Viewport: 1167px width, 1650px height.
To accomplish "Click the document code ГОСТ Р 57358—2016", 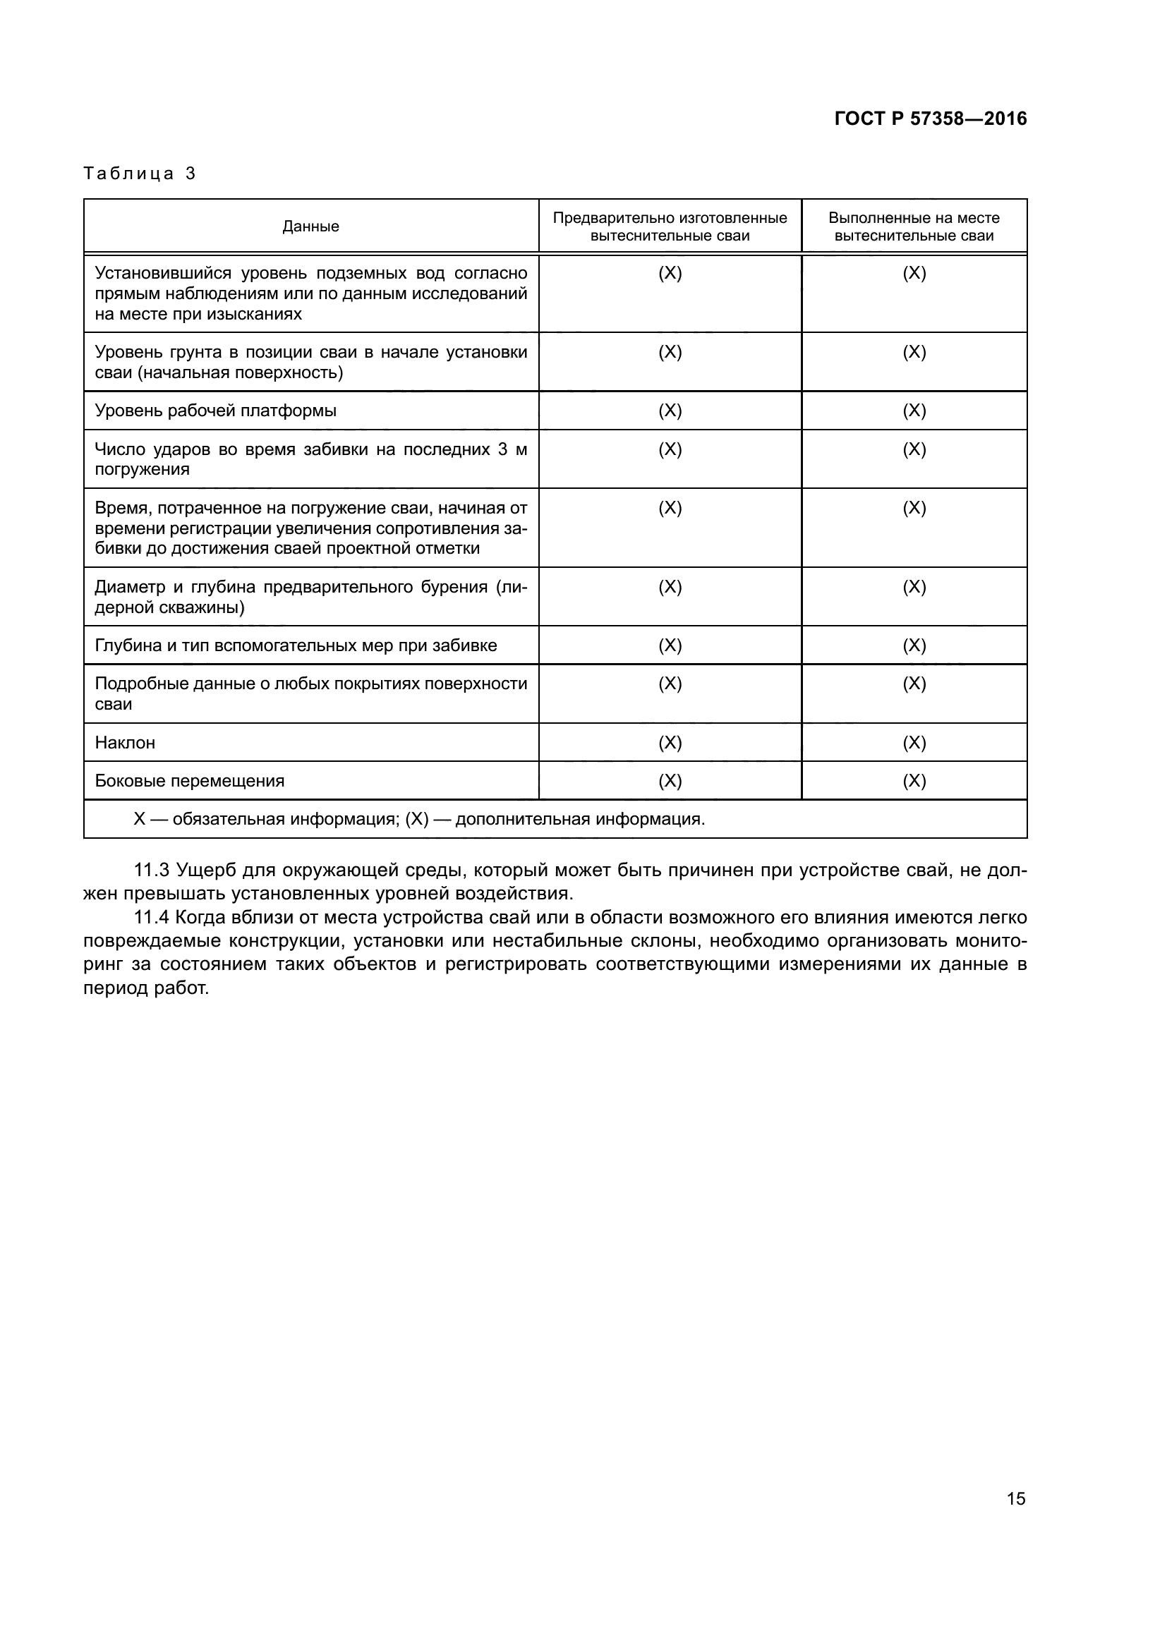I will click(x=930, y=119).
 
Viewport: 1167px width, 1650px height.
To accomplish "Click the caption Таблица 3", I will click(x=140, y=174).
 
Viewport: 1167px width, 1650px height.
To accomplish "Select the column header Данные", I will click(x=310, y=226).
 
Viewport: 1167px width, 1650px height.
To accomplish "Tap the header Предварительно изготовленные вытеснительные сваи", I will click(x=670, y=226).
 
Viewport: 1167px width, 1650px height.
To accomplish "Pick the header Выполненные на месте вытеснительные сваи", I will click(x=913, y=226).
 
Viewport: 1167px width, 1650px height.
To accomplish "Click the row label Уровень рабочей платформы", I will click(x=216, y=411).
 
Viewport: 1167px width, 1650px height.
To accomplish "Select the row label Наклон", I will click(x=125, y=742).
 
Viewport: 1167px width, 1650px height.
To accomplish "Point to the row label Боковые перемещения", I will click(x=190, y=781).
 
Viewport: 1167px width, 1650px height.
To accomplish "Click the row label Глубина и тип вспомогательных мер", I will click(x=296, y=645).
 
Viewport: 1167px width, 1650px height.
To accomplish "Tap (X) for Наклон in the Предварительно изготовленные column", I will click(x=670, y=742).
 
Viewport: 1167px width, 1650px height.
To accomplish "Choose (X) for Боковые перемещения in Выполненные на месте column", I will click(x=914, y=781).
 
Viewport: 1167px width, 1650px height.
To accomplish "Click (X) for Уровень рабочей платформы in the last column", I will click(x=914, y=411).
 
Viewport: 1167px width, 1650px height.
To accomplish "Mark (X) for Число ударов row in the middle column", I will click(x=670, y=450).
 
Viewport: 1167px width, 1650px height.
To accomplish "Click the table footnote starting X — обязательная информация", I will click(x=419, y=819).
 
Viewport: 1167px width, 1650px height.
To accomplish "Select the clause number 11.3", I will click(x=151, y=871).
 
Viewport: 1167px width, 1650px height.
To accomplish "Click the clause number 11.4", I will click(x=151, y=918).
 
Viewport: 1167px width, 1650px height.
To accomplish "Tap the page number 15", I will click(x=1015, y=1499).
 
